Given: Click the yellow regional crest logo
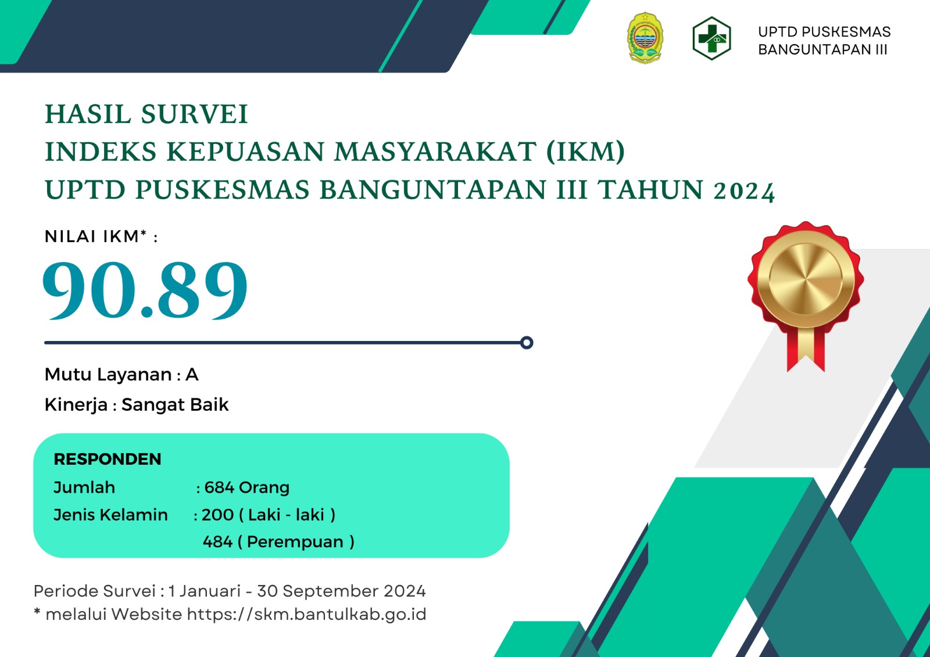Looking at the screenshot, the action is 645,38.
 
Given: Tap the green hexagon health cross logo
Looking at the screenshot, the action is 711,38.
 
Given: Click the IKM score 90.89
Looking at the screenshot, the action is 145,290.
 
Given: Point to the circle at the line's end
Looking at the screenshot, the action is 527,343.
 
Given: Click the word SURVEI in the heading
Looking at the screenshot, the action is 194,114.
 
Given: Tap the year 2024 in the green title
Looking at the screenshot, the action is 744,191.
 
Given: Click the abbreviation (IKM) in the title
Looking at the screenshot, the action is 585,152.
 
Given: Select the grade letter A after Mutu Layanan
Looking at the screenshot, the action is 192,375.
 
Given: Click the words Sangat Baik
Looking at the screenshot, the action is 175,405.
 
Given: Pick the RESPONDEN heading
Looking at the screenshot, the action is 108,459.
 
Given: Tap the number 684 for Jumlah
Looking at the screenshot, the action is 219,487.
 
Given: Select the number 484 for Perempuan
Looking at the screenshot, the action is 217,542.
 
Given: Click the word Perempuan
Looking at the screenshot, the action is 295,543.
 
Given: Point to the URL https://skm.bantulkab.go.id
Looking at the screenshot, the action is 307,615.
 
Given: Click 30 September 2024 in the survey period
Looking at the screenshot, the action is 341,591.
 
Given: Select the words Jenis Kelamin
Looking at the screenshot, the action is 111,515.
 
